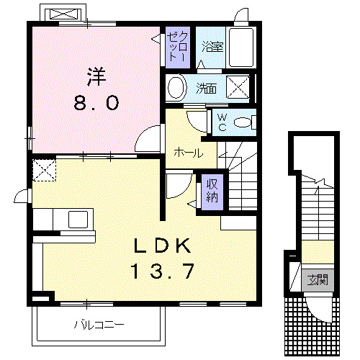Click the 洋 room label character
[96, 75]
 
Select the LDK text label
[163, 246]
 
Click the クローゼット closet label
[177, 47]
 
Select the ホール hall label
[187, 152]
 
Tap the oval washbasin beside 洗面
[176, 89]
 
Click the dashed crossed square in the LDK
[44, 169]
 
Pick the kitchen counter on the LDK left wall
[63, 219]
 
